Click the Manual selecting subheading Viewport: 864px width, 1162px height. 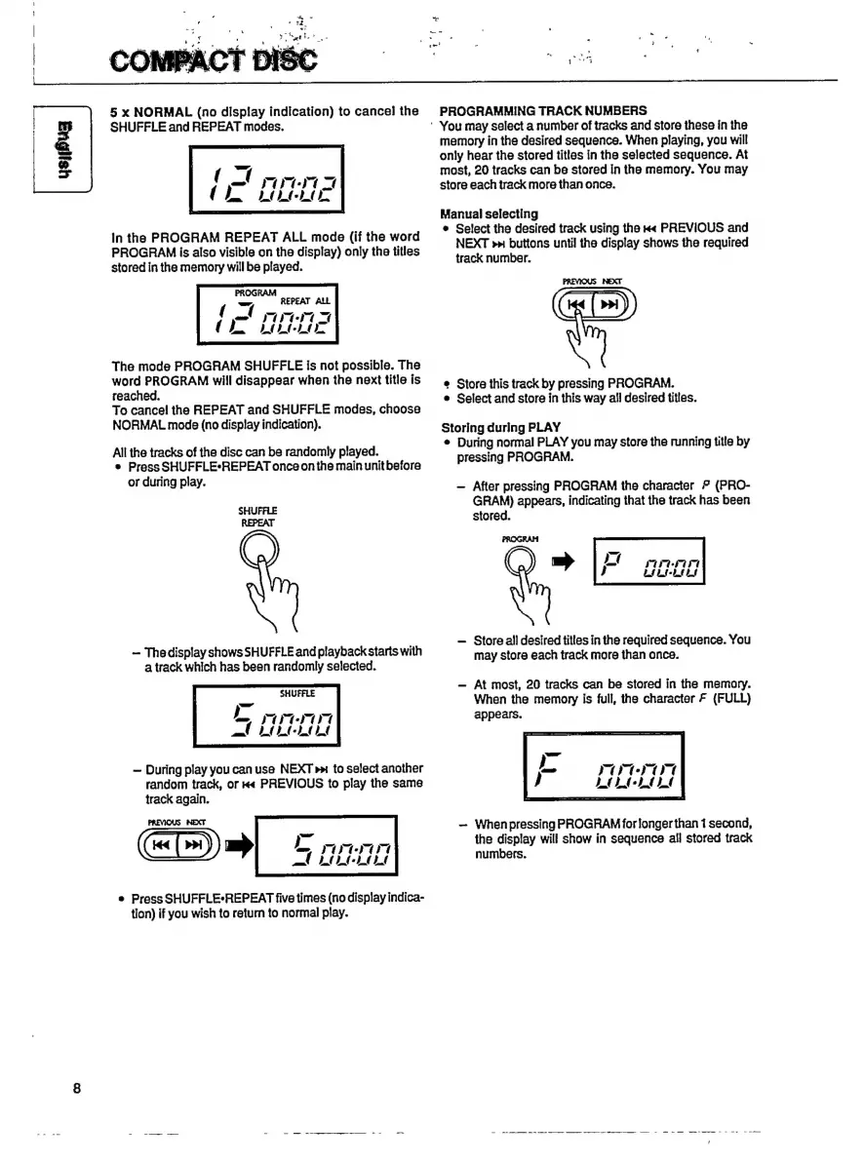[489, 213]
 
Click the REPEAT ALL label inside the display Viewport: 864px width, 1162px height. [306, 302]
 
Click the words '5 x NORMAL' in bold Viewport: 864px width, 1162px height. [153, 111]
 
